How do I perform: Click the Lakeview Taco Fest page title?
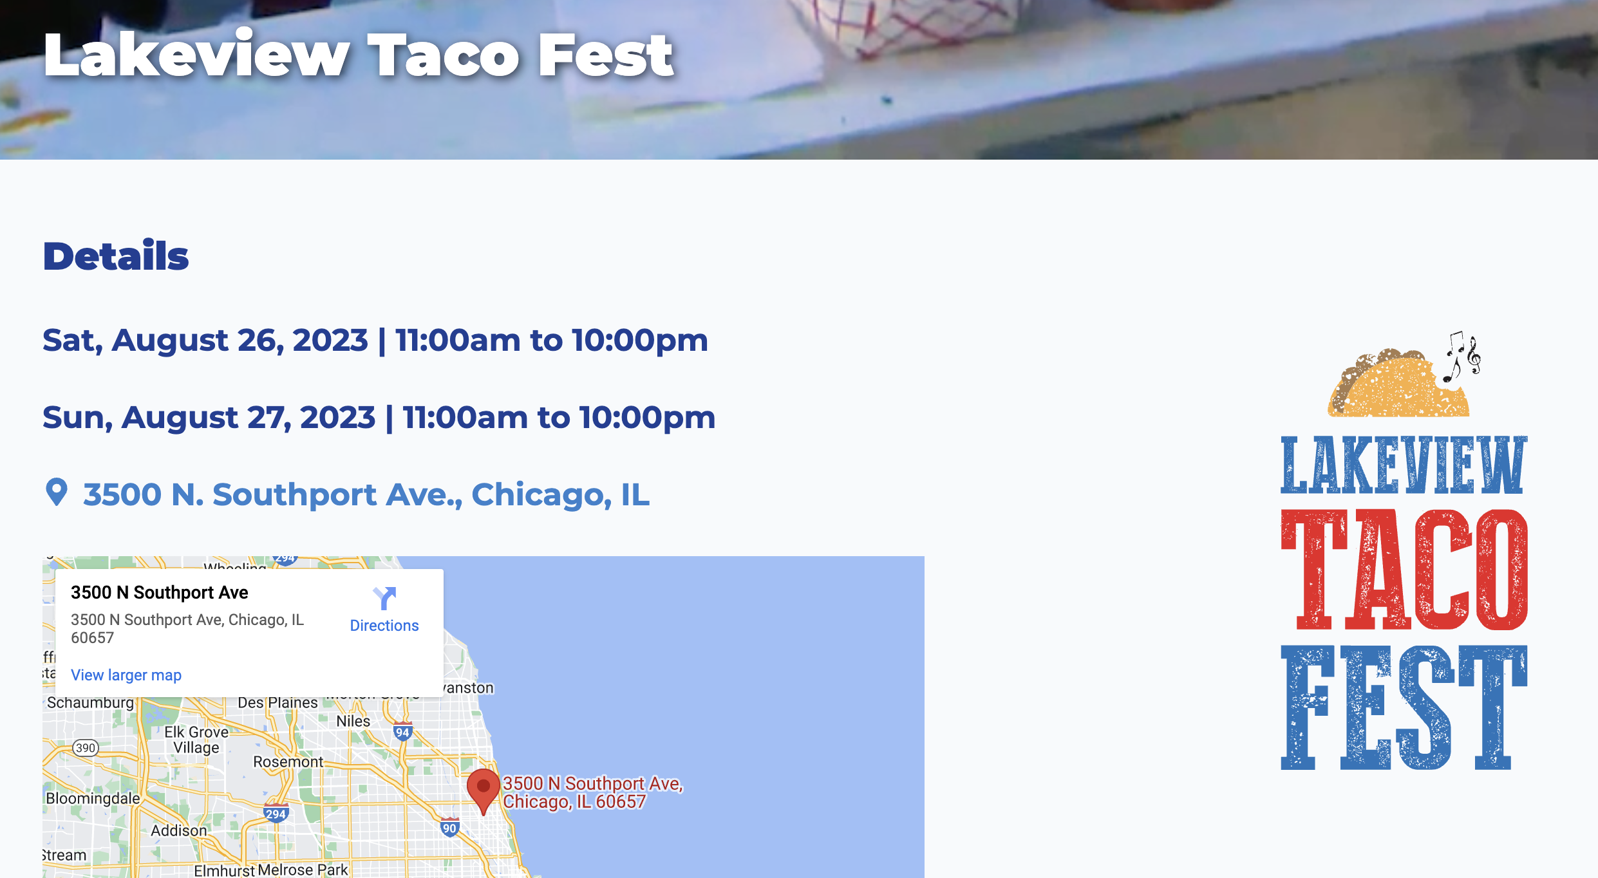pos(358,56)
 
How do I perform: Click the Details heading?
pos(116,256)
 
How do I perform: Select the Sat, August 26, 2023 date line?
pos(375,340)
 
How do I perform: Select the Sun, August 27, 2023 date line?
pos(379,417)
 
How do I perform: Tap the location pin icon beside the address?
pos(57,492)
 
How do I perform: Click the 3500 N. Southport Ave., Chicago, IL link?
pos(366,494)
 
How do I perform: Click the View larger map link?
pos(126,675)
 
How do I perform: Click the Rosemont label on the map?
pos(288,761)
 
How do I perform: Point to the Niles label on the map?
pos(353,721)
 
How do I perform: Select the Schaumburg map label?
pos(90,702)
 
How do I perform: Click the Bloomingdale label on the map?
pos(93,798)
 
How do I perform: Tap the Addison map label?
pos(179,830)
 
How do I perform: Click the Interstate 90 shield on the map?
pos(449,828)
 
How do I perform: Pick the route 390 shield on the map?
pos(86,747)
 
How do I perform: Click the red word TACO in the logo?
pos(1404,569)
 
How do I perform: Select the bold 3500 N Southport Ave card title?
pos(160,592)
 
